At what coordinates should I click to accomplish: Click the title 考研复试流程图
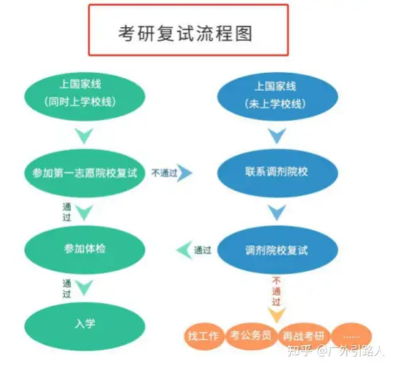pos(185,34)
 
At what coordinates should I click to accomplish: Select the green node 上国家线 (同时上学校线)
pos(85,96)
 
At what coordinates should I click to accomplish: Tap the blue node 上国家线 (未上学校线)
pos(277,96)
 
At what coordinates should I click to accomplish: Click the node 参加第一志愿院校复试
pos(85,173)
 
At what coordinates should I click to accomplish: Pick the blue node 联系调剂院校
pos(277,173)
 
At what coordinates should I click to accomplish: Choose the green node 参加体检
pos(85,249)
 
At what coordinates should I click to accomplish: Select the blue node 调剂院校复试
pos(277,249)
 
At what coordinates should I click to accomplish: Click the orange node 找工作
pos(203,336)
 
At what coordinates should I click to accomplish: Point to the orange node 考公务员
pos(251,336)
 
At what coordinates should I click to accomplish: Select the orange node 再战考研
pos(304,336)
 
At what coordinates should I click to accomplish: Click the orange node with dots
pos(352,336)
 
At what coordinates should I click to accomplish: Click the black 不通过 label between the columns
pos(165,173)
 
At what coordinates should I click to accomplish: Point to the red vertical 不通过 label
pos(277,292)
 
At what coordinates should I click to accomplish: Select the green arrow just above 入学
pos(84,288)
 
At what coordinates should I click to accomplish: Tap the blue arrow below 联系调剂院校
pos(277,212)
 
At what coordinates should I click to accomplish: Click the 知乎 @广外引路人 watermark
pos(336,351)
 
